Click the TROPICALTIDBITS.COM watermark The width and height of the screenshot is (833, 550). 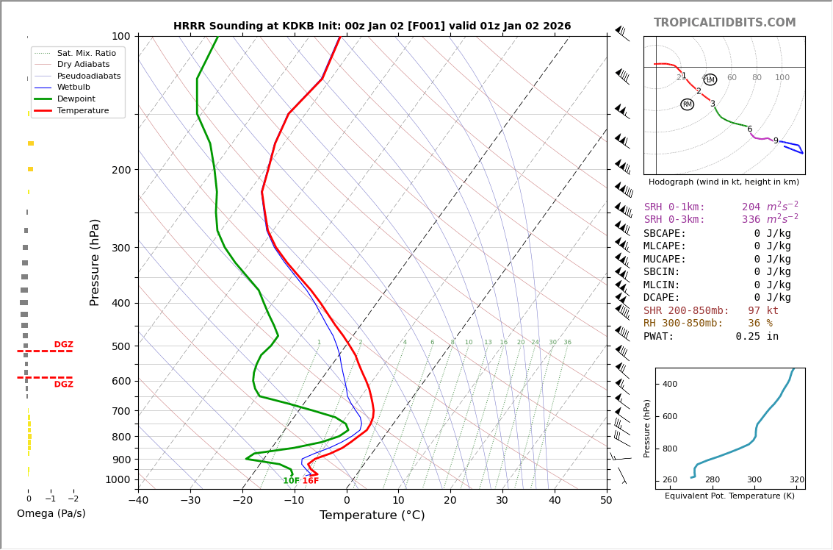tap(724, 23)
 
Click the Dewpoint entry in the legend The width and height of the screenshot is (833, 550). tap(81, 99)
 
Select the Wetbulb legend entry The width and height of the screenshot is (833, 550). tap(73, 87)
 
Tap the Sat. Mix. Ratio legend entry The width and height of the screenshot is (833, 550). tap(86, 53)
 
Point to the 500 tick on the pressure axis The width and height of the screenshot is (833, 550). tap(121, 346)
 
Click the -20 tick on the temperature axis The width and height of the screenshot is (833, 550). tap(242, 501)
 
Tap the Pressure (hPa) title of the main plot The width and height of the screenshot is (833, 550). tap(95, 262)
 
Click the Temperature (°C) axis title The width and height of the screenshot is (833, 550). tap(372, 515)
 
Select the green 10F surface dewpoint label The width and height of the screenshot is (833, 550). tap(291, 481)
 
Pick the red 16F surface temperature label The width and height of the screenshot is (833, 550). tap(311, 481)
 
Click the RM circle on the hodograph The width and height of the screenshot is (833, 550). tap(687, 104)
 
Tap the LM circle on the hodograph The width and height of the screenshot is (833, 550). tap(710, 79)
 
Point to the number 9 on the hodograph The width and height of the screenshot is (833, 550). tap(775, 141)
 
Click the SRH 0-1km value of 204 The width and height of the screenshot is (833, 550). tap(751, 207)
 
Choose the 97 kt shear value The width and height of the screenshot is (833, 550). tap(763, 311)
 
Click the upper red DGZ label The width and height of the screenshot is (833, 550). tap(63, 345)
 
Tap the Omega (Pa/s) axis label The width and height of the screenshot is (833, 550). tap(51, 513)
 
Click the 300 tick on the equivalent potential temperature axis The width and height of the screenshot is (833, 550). tap(754, 480)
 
